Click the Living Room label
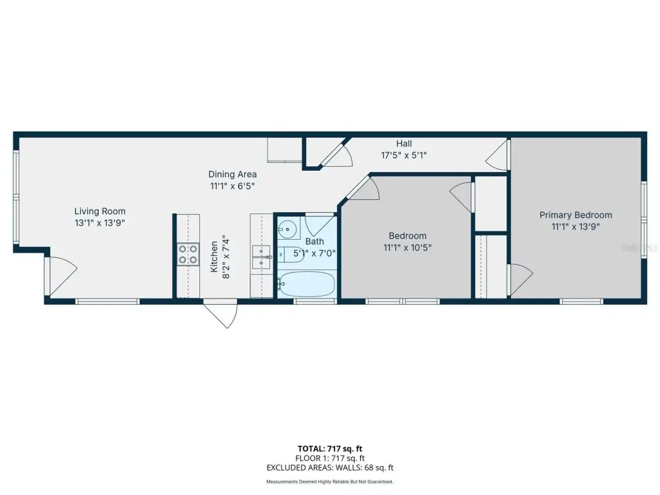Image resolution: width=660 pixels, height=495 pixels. click(100, 211)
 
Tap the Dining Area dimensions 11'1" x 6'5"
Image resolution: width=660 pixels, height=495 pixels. click(232, 186)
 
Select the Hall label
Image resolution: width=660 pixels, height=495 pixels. click(403, 144)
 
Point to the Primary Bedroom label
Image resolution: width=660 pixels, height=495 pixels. click(576, 215)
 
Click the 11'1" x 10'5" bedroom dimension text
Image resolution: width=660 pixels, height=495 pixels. click(407, 247)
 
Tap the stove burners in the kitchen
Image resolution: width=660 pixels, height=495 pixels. click(188, 254)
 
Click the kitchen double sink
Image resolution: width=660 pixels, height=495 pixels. click(261, 257)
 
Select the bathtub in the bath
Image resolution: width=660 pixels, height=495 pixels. click(306, 284)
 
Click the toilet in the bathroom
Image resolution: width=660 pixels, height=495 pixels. click(291, 255)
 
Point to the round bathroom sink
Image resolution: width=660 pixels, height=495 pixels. click(287, 229)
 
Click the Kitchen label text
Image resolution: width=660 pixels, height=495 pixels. click(214, 257)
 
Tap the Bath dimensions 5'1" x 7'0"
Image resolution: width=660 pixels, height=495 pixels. click(315, 253)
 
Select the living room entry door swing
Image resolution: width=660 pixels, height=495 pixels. click(61, 276)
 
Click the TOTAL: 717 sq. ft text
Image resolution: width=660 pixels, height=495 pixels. click(330, 449)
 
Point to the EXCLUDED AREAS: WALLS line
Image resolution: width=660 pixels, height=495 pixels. click(330, 468)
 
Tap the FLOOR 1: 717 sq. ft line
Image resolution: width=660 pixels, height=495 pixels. click(330, 458)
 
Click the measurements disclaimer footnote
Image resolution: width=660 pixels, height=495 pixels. click(330, 481)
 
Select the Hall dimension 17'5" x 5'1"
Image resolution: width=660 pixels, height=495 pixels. click(403, 155)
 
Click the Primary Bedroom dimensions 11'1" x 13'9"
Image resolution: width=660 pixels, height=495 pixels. click(576, 227)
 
